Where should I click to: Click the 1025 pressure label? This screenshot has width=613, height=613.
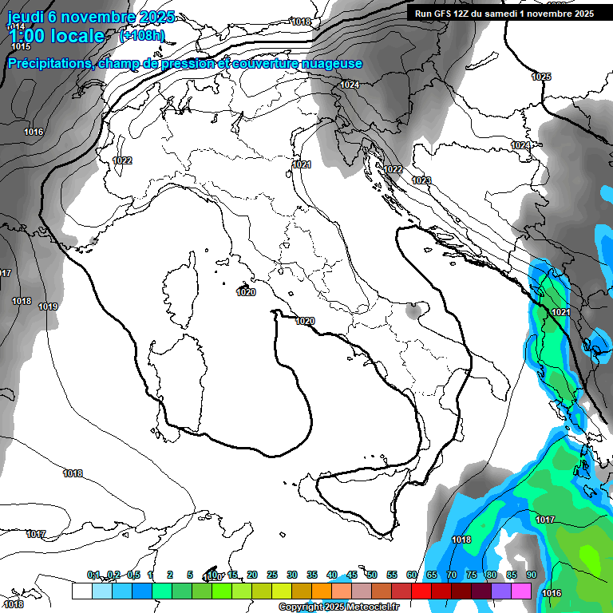(x=541, y=77)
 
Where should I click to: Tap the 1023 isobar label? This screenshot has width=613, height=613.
(x=421, y=181)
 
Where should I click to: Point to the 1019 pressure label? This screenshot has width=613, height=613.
(x=48, y=306)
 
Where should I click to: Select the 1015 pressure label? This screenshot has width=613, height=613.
(x=21, y=47)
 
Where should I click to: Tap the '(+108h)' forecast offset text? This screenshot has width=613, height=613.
(x=142, y=35)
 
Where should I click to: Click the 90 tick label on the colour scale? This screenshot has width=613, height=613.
(x=531, y=575)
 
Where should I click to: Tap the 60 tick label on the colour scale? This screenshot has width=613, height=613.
(x=412, y=575)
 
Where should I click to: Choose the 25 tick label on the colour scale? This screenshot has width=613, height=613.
(x=272, y=575)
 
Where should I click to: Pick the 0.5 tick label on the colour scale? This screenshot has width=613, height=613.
(x=133, y=575)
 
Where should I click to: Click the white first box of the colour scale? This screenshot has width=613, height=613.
(x=81, y=591)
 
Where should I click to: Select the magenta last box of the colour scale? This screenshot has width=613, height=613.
(x=521, y=591)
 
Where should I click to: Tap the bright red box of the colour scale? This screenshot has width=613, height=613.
(x=421, y=591)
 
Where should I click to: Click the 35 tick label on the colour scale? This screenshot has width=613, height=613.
(x=312, y=575)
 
